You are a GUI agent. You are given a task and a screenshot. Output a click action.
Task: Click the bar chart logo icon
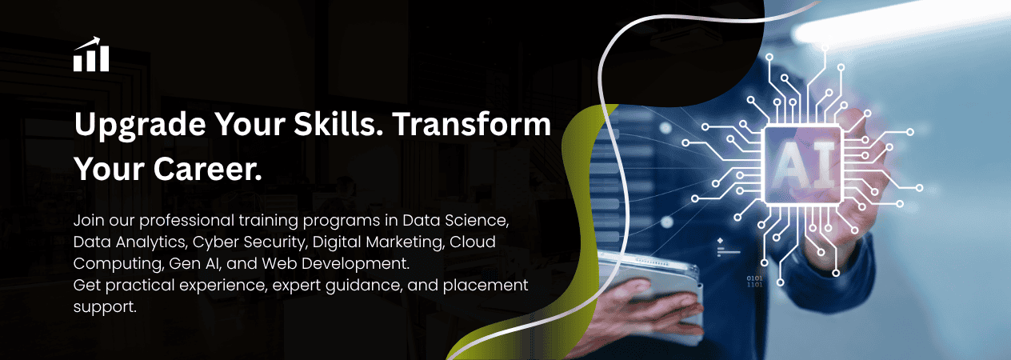click(x=91, y=54)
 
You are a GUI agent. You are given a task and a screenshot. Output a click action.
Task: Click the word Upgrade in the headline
click(x=140, y=125)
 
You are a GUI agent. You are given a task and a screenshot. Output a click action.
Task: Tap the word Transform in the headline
click(x=472, y=123)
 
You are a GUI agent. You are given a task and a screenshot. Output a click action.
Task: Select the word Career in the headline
click(x=208, y=169)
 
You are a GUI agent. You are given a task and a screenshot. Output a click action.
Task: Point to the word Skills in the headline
click(x=338, y=123)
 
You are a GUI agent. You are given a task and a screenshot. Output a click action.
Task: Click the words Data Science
click(x=455, y=220)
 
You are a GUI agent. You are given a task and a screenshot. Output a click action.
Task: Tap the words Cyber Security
click(x=250, y=242)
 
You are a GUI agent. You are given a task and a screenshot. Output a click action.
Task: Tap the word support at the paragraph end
click(x=105, y=307)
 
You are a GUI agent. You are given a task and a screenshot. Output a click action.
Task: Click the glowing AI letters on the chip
click(x=803, y=165)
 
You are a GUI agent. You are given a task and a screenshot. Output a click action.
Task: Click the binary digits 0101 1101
click(x=754, y=282)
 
